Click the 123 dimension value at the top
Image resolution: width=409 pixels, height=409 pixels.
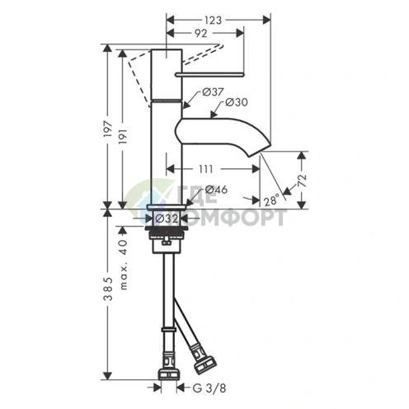tap(213, 20)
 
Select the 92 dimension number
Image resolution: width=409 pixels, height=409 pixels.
tap(200, 33)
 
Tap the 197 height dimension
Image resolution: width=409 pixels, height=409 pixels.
tap(108, 129)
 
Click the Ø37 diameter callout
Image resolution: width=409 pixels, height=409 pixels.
tap(214, 92)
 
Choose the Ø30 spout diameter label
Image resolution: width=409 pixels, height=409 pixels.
tap(237, 102)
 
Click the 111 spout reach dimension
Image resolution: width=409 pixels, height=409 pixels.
tap(206, 169)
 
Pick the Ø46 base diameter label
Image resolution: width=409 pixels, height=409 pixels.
tap(217, 190)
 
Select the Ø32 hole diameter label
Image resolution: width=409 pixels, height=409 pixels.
tap(167, 219)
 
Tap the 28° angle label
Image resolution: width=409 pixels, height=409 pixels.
tap(271, 200)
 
